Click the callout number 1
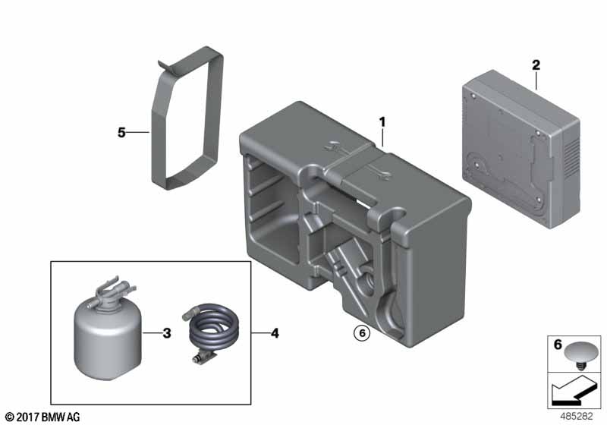(382, 123)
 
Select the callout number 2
(536, 65)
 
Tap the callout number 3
(167, 333)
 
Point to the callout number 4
(275, 333)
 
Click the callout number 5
(121, 133)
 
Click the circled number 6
(363, 333)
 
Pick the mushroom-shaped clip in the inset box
(580, 354)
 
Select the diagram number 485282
(577, 416)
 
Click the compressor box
(521, 149)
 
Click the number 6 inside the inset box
(558, 345)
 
